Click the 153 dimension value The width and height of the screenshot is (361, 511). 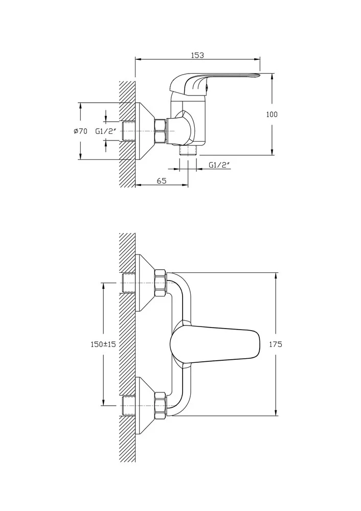(x=197, y=55)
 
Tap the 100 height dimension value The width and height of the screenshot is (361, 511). (x=272, y=114)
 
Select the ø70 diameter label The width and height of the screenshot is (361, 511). (x=81, y=131)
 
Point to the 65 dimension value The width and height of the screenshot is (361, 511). (x=162, y=180)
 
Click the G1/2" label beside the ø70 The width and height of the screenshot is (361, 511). (x=106, y=131)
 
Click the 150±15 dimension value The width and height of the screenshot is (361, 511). (x=103, y=344)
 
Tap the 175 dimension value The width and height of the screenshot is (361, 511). (x=276, y=344)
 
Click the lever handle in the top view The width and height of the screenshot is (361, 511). (x=215, y=82)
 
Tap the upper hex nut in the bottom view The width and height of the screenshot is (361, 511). (x=161, y=282)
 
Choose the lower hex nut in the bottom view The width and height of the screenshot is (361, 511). (x=161, y=405)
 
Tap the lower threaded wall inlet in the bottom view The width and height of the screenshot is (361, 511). (x=129, y=405)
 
